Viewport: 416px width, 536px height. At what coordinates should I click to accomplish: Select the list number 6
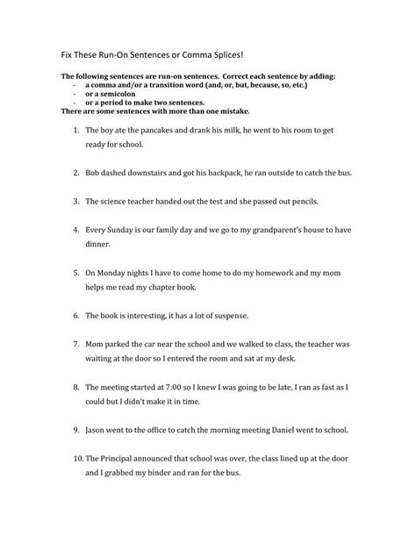tap(76, 315)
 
